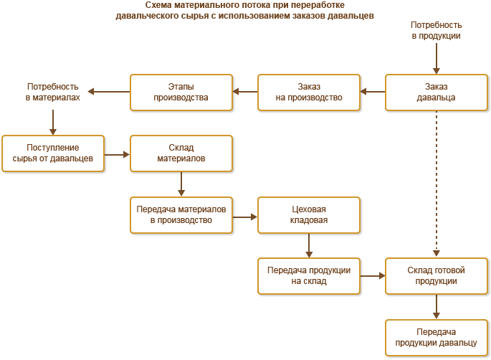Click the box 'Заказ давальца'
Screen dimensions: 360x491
click(437, 92)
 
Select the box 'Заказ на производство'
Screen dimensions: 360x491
click(309, 92)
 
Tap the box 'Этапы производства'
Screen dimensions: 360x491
click(181, 92)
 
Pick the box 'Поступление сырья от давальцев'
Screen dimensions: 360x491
click(53, 153)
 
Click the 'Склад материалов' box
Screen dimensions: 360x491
click(181, 153)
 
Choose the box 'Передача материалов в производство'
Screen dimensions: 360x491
click(181, 214)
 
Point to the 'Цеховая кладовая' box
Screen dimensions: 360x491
click(309, 214)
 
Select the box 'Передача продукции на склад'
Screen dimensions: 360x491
click(309, 275)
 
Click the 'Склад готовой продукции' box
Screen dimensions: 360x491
click(437, 275)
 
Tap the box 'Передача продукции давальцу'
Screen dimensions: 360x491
click(437, 337)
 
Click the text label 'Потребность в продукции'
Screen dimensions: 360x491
click(436, 29)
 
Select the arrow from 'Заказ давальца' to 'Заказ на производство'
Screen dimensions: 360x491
click(373, 92)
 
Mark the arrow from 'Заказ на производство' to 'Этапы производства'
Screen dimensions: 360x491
click(245, 92)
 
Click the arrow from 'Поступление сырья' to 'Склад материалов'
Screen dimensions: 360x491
click(117, 153)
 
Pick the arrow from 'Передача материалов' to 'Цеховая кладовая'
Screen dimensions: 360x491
click(245, 214)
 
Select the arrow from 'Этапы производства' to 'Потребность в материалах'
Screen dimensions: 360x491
click(109, 92)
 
